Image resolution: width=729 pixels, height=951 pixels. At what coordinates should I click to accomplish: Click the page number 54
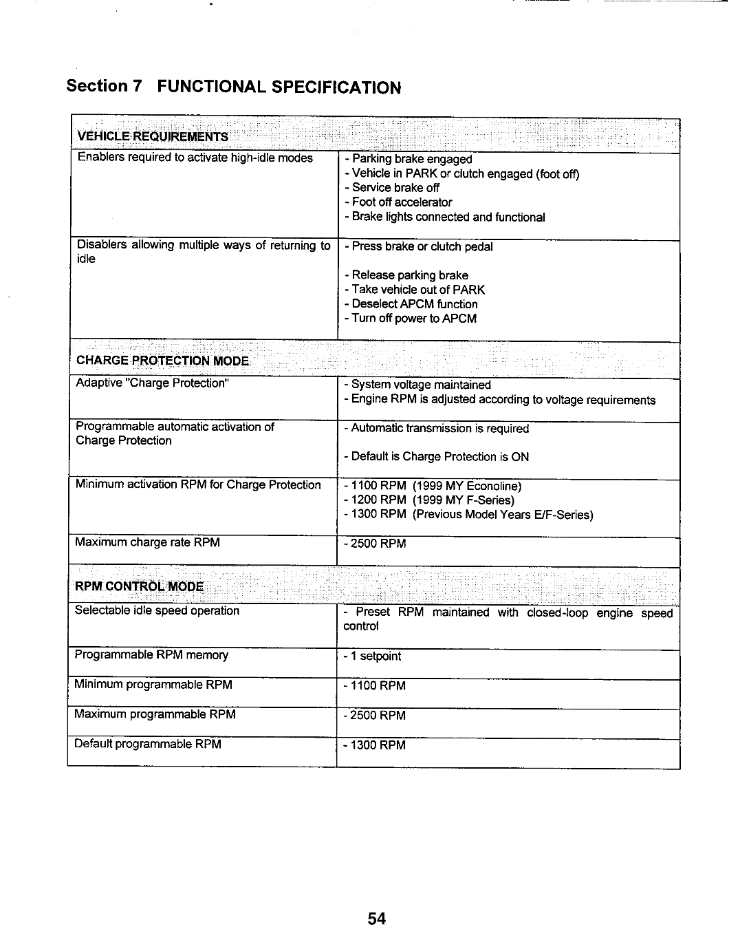(x=376, y=919)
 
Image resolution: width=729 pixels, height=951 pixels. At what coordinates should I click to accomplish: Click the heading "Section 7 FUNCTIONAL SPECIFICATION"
(x=233, y=87)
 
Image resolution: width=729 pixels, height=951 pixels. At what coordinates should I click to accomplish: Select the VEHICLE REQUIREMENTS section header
(x=153, y=135)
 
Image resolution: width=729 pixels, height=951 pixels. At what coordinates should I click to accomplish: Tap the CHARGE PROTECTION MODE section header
(x=163, y=361)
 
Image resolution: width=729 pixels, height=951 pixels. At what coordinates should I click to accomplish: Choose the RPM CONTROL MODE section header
(x=140, y=586)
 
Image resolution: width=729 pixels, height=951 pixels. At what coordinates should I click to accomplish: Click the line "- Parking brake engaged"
(x=409, y=159)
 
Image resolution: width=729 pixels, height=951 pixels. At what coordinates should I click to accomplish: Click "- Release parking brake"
(x=406, y=275)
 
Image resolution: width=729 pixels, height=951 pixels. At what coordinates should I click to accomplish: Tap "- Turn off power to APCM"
(x=411, y=319)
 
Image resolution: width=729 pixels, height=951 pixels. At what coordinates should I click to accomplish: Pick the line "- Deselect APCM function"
(x=411, y=304)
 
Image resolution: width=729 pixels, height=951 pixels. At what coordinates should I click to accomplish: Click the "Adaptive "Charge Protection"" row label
(x=151, y=383)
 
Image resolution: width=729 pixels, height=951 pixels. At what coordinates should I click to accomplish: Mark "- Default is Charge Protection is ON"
(x=437, y=457)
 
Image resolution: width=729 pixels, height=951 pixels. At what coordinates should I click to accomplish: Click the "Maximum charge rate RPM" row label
(x=148, y=542)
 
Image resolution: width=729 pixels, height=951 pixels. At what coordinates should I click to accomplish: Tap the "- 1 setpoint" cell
(x=372, y=656)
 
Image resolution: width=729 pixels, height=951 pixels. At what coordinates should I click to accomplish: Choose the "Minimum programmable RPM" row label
(x=153, y=685)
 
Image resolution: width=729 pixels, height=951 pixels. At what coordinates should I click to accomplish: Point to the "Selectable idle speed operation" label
(x=157, y=611)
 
